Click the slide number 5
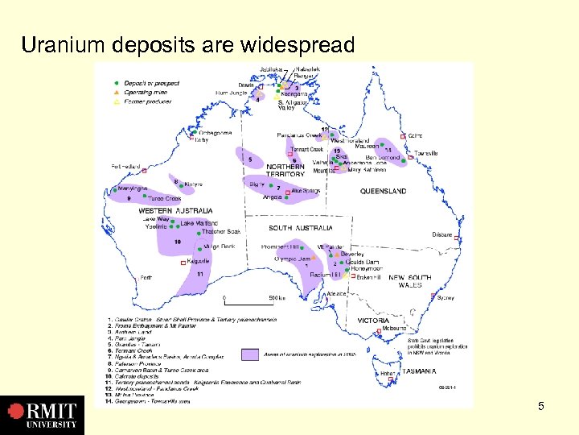coord(541,406)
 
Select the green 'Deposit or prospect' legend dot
coord(117,82)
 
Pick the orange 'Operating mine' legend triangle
coord(117,92)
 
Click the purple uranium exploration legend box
coord(253,353)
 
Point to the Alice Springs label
coord(306,191)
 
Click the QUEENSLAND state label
coord(383,192)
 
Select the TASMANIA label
coord(419,371)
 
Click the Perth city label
coord(146,277)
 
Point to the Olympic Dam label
coord(291,259)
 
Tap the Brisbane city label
coord(441,234)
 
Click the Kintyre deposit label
coord(193,184)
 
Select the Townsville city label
coord(427,153)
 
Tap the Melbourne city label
coord(394,328)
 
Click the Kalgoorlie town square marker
coord(184,262)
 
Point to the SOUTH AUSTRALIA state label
coord(301,228)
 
